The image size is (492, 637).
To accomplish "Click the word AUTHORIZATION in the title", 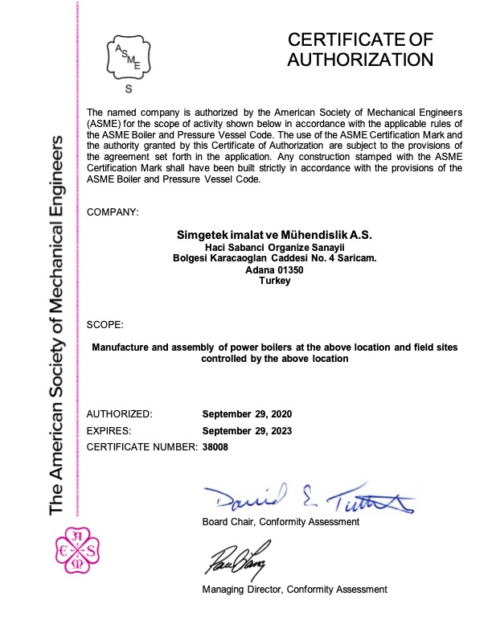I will tap(360, 60).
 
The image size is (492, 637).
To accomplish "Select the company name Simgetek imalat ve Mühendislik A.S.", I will tap(275, 234).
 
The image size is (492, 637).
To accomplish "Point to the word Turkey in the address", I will tap(275, 282).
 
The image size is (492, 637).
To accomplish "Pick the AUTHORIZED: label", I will tap(119, 414).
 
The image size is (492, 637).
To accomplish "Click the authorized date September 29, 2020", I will tap(247, 414).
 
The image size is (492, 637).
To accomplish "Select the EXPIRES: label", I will tap(109, 431).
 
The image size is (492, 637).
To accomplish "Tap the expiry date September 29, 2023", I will tap(247, 431).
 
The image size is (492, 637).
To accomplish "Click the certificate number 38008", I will tap(215, 447).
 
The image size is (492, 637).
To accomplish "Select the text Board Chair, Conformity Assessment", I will tap(281, 523).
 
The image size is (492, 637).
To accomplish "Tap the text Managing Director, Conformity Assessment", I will tap(294, 590).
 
